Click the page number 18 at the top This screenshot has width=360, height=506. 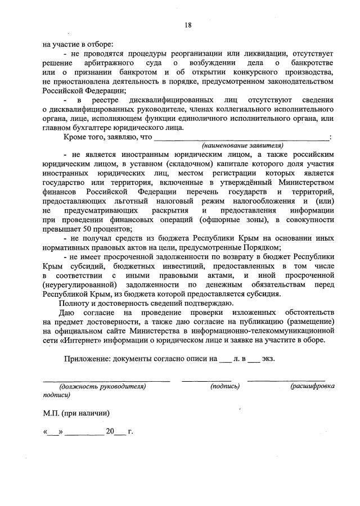[x=188, y=25]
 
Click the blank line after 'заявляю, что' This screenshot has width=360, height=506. [x=242, y=137]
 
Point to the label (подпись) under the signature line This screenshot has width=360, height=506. [x=225, y=386]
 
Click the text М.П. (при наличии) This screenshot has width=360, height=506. [x=76, y=413]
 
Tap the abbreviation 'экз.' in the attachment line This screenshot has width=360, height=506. [x=268, y=359]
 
